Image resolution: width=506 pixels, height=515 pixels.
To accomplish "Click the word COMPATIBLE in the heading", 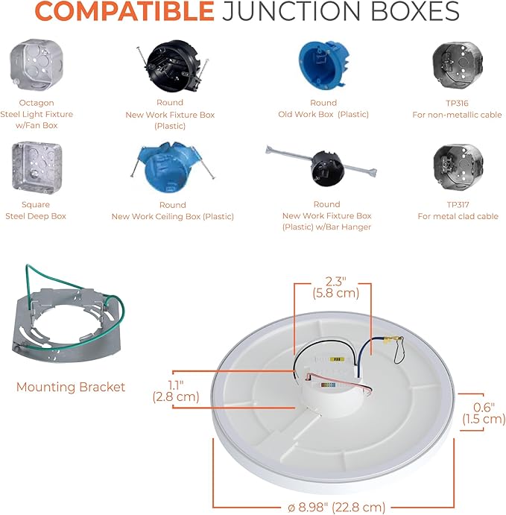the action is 124,11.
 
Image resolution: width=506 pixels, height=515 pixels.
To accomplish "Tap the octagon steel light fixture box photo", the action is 37,64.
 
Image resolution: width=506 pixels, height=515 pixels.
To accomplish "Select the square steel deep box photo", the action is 37,167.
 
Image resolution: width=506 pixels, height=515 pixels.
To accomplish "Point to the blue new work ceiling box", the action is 172,167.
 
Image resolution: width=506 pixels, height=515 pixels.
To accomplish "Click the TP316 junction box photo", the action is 458,65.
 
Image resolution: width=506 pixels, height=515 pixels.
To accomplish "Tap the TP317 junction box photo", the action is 458,167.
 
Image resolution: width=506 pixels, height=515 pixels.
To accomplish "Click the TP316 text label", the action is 457,103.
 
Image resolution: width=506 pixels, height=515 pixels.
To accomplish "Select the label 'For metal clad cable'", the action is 458,216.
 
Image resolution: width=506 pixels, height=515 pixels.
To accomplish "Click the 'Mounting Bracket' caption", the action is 71,387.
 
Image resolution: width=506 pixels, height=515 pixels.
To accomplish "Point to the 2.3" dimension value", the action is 335,281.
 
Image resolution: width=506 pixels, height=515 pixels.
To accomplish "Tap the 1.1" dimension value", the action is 176,385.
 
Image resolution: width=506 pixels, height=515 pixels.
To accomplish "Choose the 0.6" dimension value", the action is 484,407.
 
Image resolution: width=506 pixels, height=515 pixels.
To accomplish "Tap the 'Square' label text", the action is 36,205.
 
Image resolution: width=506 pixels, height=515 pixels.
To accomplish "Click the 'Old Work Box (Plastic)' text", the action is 323,114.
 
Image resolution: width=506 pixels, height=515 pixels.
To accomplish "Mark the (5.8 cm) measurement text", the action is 335,293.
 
